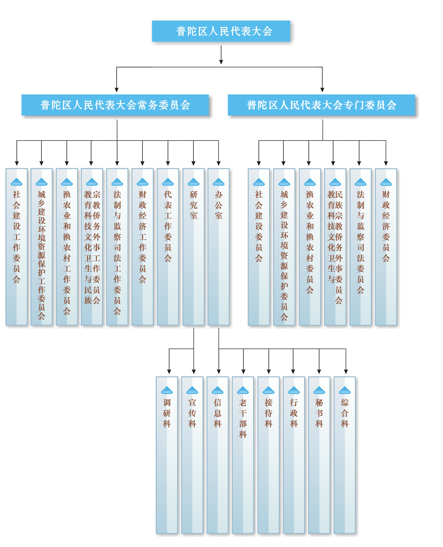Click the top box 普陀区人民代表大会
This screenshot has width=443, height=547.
[221, 31]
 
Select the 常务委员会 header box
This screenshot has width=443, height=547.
[115, 105]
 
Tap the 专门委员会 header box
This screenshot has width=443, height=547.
[321, 105]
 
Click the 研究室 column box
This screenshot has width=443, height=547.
[193, 247]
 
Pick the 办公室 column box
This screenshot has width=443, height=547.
[218, 247]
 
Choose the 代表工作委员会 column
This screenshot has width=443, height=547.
[168, 247]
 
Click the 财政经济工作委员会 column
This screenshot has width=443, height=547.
[142, 247]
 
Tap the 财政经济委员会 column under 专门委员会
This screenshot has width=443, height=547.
[386, 247]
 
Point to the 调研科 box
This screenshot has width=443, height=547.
[167, 455]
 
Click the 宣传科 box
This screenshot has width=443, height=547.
[192, 455]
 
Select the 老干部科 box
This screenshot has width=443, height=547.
[243, 455]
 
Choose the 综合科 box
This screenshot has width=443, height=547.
[344, 455]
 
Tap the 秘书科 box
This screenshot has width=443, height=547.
[319, 455]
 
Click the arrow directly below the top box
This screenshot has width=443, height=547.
[221, 55]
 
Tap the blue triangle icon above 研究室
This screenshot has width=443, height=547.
[193, 182]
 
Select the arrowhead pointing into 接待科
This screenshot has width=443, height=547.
[268, 372]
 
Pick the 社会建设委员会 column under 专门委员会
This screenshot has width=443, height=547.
[259, 247]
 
